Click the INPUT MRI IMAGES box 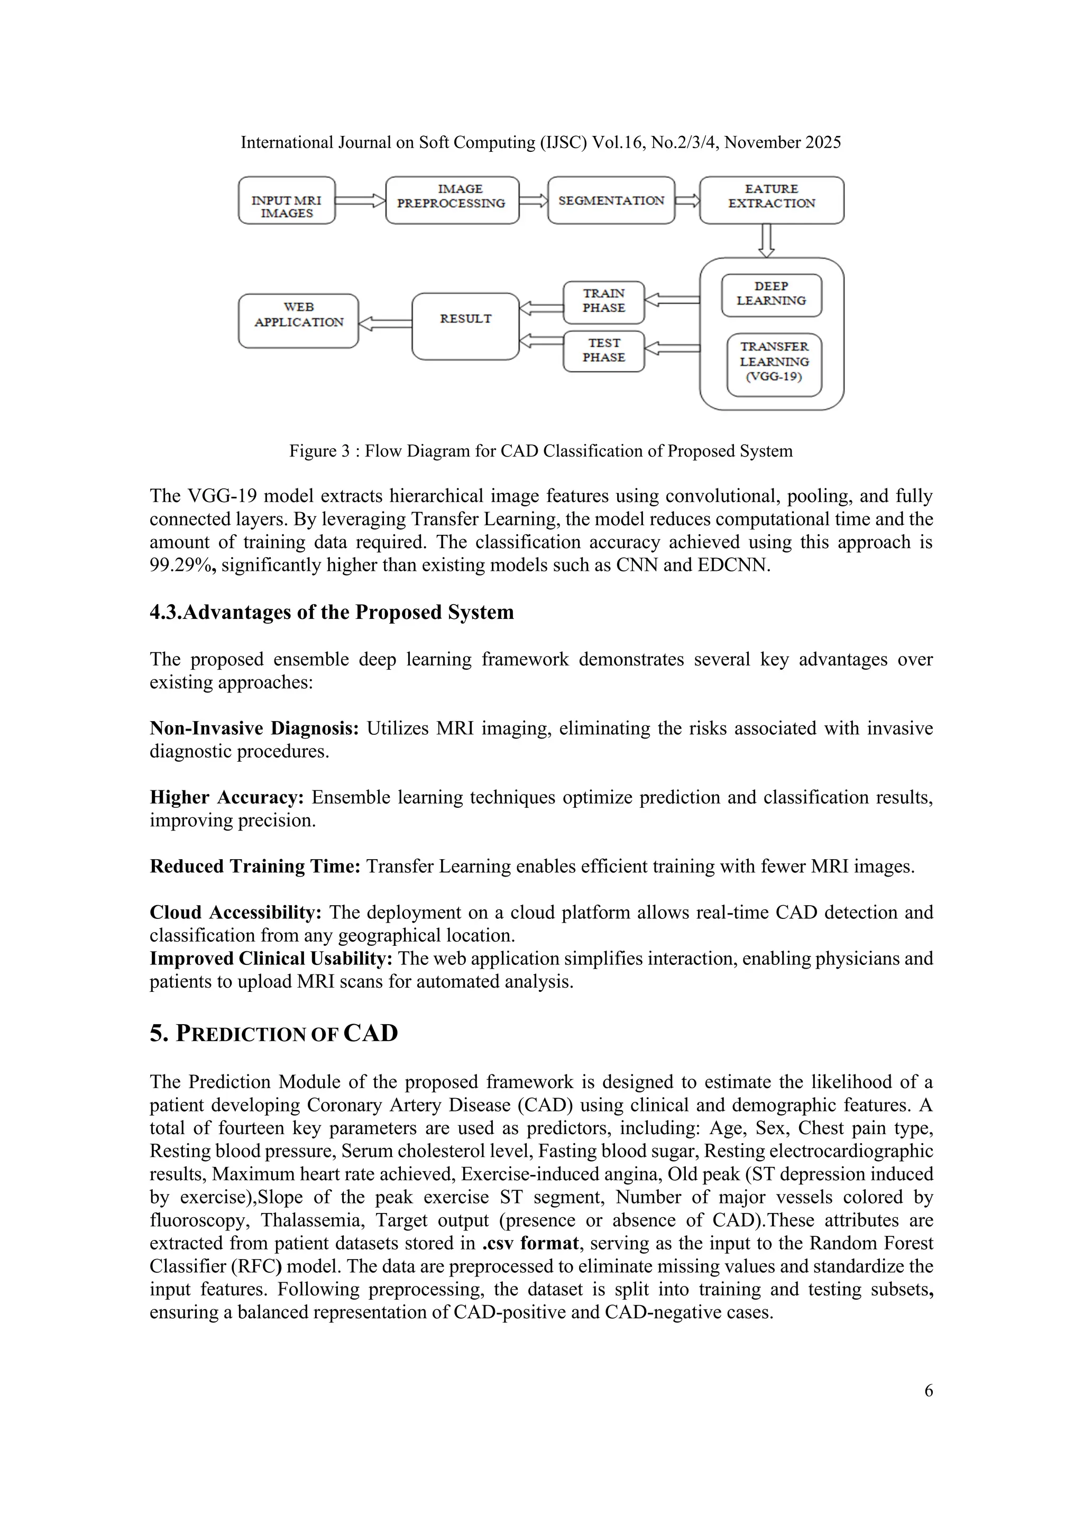tap(286, 200)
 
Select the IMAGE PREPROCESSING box tap(452, 200)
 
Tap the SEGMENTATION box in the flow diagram tap(611, 200)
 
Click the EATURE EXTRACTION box tap(772, 200)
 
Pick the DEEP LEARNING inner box tap(772, 295)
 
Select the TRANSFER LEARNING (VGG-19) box tap(774, 364)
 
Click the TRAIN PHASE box tap(603, 302)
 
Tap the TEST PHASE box tap(603, 351)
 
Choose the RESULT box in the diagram tap(465, 326)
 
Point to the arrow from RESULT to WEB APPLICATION tap(386, 324)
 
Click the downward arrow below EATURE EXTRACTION tap(767, 240)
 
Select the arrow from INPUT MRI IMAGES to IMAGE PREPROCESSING tap(360, 200)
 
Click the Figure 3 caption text tap(541, 451)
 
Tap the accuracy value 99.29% tap(181, 565)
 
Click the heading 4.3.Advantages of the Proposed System tap(332, 612)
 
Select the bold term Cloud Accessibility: tap(235, 912)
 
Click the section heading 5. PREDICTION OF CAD tap(273, 1034)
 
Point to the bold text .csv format tap(530, 1243)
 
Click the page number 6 tap(928, 1391)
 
